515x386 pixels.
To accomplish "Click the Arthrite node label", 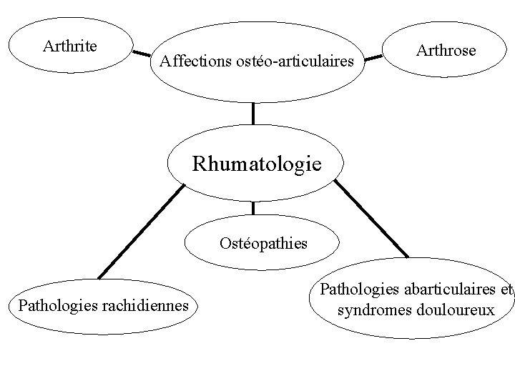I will click(x=70, y=46).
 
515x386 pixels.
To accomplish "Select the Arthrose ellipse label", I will click(x=445, y=51).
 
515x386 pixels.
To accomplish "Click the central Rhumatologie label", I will click(x=257, y=164).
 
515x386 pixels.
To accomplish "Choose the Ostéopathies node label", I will click(x=263, y=243).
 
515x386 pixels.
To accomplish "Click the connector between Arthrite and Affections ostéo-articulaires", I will click(x=141, y=52).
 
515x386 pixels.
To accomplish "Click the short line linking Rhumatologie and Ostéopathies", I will click(x=253, y=208).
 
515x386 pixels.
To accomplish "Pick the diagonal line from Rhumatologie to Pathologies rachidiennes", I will click(x=140, y=231).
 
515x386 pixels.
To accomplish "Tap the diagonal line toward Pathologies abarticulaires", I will click(x=371, y=218).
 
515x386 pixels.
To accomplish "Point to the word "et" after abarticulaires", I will click(x=506, y=290).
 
